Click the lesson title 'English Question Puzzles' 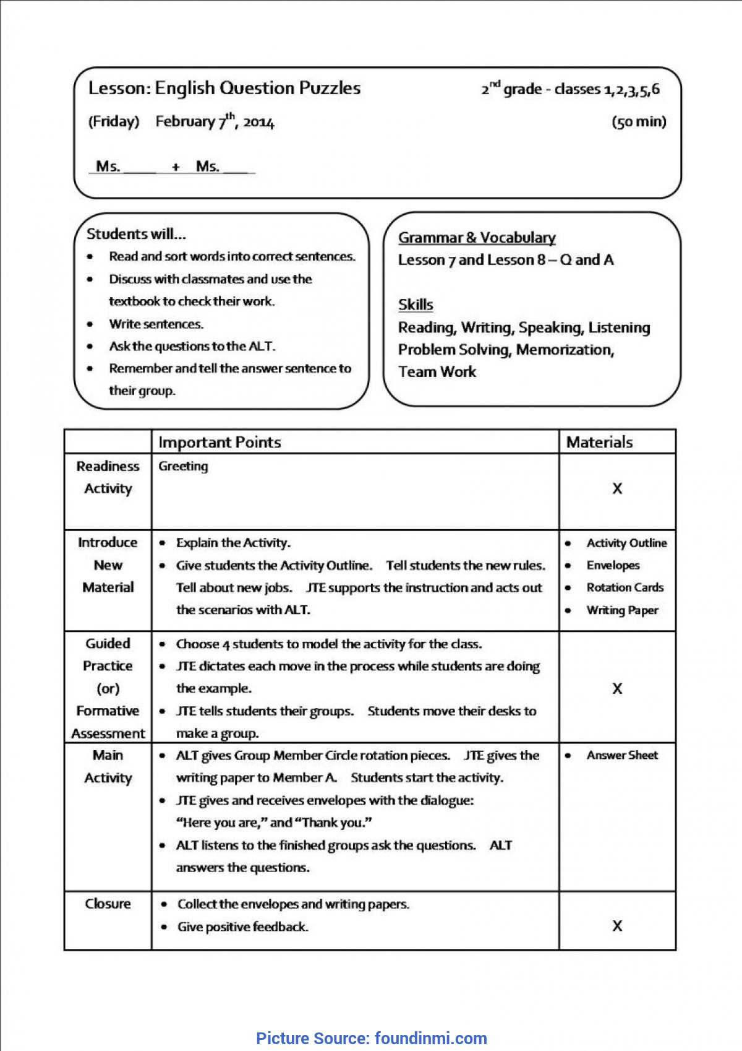coord(257,89)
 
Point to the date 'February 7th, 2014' coord(215,121)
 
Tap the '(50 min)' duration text coord(639,121)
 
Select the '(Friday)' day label coord(114,121)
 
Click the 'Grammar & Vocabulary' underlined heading coord(477,238)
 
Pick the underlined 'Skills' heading coord(416,305)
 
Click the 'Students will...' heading coord(136,234)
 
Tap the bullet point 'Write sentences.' coord(156,324)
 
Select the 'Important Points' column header coord(220,442)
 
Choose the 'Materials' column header coord(599,442)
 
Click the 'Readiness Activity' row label coord(108,477)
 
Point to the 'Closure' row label coord(108,904)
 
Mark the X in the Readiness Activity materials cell coord(617,489)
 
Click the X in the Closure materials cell coord(617,926)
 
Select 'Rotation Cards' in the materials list coord(625,587)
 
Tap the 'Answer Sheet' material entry coord(622,755)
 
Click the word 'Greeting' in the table coord(183,466)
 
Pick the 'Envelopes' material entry coord(613,565)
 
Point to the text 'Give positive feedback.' coord(242,927)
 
